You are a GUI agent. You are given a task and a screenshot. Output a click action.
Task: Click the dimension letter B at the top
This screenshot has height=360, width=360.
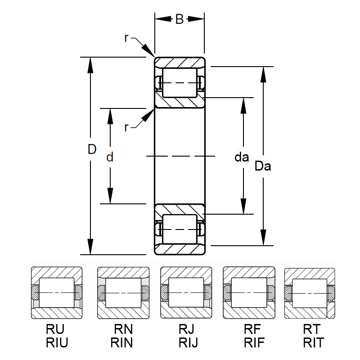click(179, 19)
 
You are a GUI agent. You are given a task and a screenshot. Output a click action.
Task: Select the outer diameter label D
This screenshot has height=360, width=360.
click(92, 150)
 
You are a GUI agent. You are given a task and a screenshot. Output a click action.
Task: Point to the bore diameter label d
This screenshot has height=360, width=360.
click(109, 157)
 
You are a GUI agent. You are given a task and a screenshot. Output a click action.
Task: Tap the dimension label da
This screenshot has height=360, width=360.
click(242, 157)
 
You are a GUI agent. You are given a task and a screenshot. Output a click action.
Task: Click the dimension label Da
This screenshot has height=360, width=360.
click(263, 166)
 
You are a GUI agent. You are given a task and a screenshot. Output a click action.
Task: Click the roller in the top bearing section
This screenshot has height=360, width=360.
click(180, 83)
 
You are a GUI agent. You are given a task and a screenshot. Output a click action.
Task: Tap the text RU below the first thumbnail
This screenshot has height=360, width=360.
click(57, 329)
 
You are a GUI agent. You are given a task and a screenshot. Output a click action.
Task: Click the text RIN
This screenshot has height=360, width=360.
click(122, 343)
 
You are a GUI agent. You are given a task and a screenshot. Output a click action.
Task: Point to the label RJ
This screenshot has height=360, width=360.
click(186, 329)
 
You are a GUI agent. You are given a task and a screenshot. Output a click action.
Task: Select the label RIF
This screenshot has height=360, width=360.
click(249, 343)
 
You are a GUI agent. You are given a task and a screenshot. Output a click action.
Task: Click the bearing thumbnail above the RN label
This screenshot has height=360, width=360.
click(123, 292)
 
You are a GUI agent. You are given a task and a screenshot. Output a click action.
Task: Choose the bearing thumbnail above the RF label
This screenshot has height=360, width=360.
click(249, 292)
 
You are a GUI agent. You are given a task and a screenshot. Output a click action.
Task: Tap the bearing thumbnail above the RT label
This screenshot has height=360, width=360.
click(310, 293)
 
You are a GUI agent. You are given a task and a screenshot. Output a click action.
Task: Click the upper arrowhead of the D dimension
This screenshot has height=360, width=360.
click(91, 64)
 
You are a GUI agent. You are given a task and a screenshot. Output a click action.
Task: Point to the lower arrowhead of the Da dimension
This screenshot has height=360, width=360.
click(263, 238)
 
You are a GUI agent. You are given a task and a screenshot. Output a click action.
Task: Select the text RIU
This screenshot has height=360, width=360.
click(57, 343)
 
